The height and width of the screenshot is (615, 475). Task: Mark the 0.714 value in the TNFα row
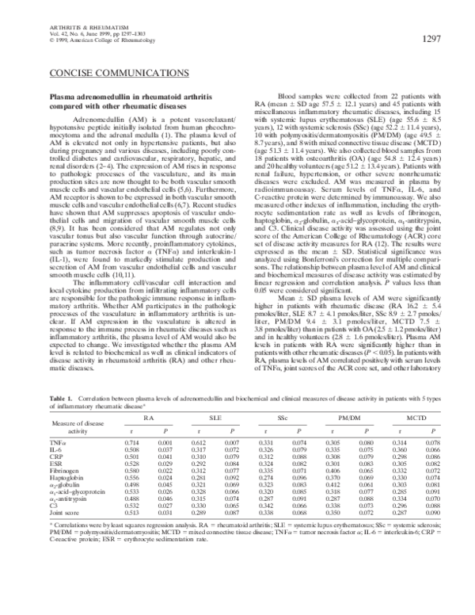(x=133, y=441)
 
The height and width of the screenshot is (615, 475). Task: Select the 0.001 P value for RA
(x=165, y=441)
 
